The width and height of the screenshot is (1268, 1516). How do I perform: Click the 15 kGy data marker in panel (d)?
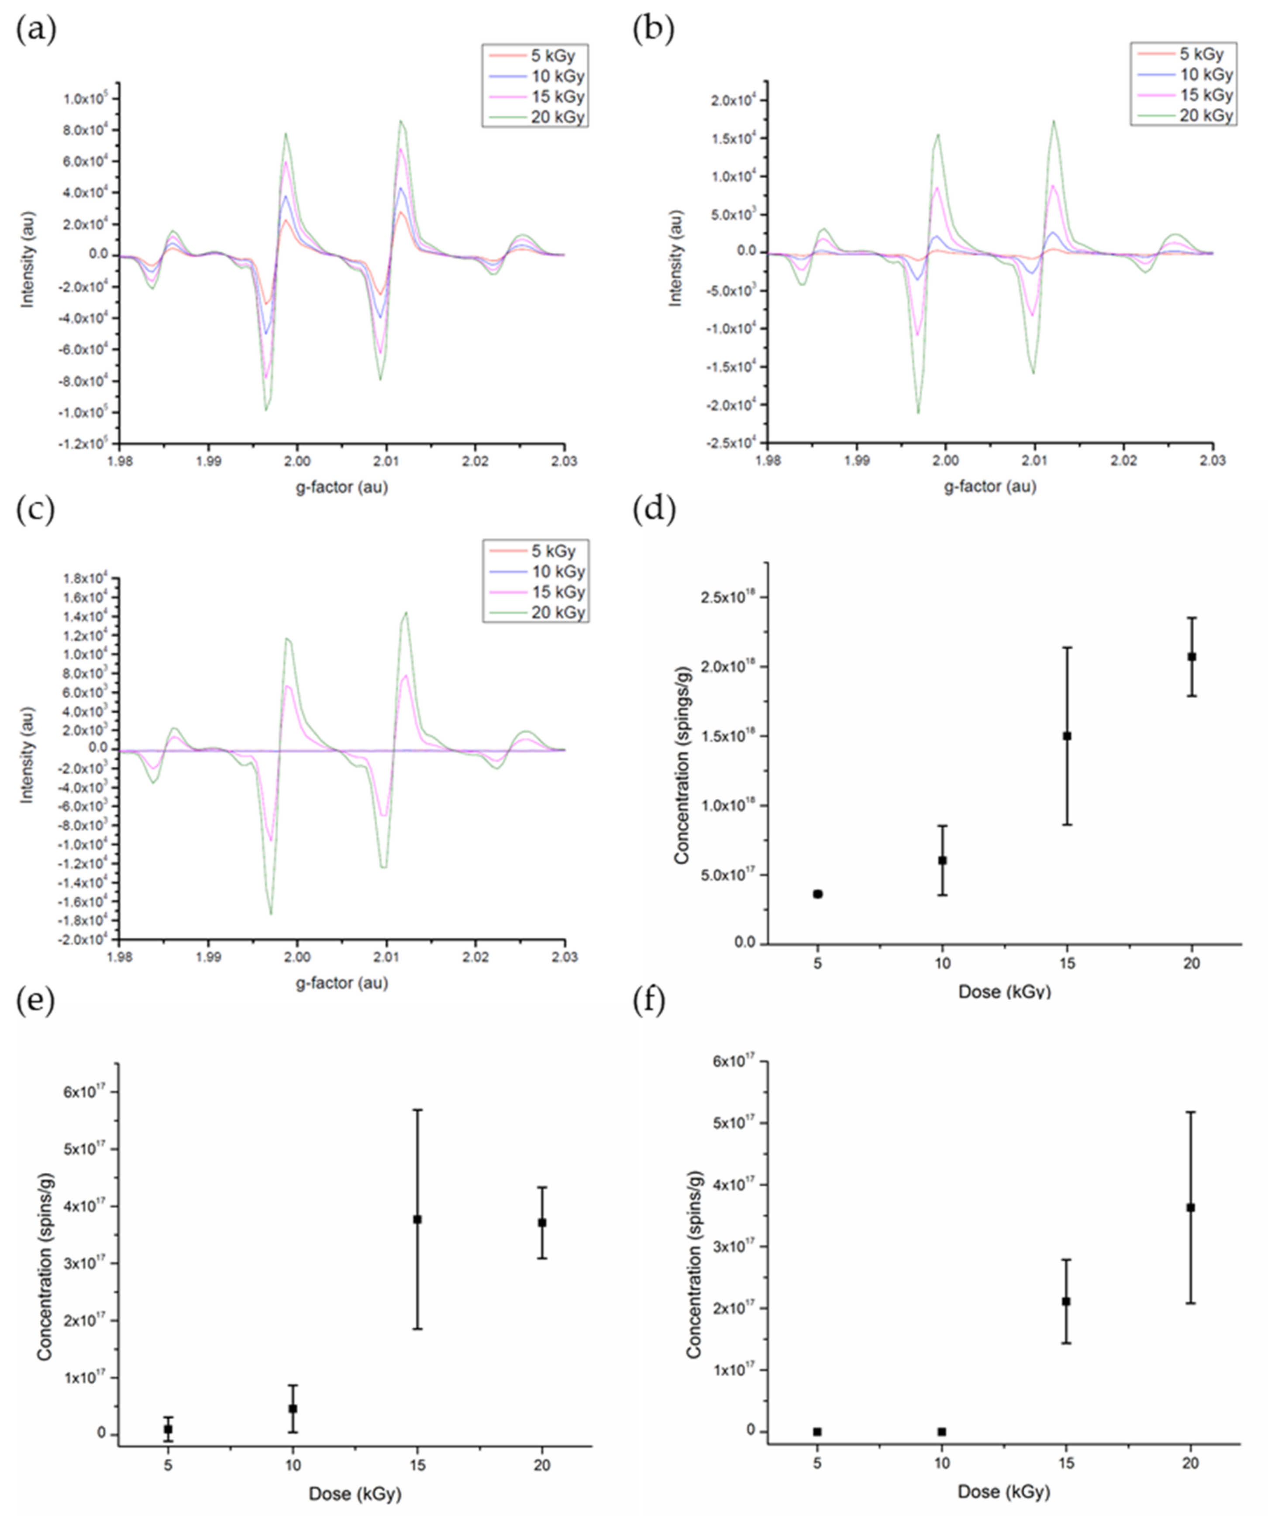tap(1067, 736)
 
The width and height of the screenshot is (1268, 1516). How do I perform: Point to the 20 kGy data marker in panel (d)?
tap(1192, 656)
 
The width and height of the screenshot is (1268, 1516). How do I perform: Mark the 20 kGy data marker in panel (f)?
tap(1191, 1207)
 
